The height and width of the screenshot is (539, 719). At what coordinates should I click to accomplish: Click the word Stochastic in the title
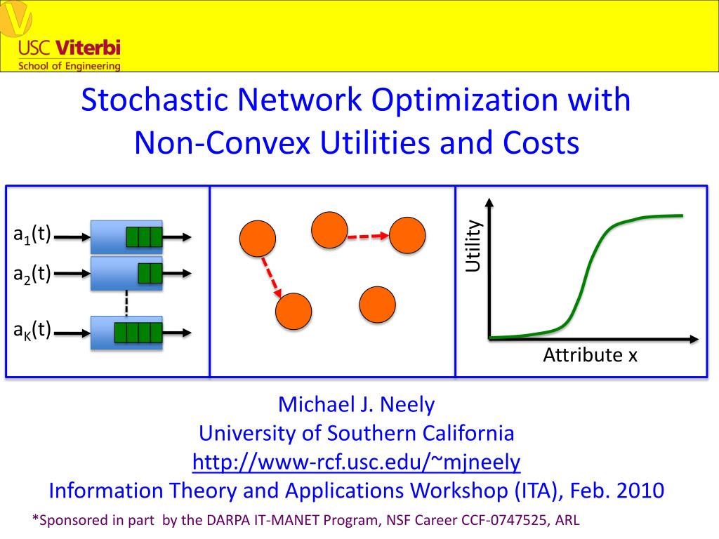154,100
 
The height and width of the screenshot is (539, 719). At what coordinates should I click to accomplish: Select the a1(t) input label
32,234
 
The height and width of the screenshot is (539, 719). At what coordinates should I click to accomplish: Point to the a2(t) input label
32,274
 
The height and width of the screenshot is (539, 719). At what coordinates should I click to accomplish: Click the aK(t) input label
32,330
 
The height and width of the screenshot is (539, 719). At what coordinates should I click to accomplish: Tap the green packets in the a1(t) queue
144,237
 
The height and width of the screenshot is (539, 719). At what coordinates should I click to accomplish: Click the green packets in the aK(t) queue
138,333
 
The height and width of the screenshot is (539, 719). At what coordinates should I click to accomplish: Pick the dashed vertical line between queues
126,303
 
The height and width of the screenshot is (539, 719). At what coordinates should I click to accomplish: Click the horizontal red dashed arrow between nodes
368,237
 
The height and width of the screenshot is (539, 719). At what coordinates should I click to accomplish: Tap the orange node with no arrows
377,305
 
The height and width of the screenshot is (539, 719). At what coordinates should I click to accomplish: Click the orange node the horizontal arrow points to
407,236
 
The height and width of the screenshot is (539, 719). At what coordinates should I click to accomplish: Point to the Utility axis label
473,246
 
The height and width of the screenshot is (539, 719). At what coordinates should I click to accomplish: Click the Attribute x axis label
590,355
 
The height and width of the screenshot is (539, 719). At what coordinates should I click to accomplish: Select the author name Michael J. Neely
356,405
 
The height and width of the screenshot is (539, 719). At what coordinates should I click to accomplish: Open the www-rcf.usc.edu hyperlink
356,462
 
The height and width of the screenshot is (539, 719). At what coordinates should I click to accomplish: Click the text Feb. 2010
616,491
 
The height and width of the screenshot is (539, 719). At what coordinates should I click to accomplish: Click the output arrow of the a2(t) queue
176,274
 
